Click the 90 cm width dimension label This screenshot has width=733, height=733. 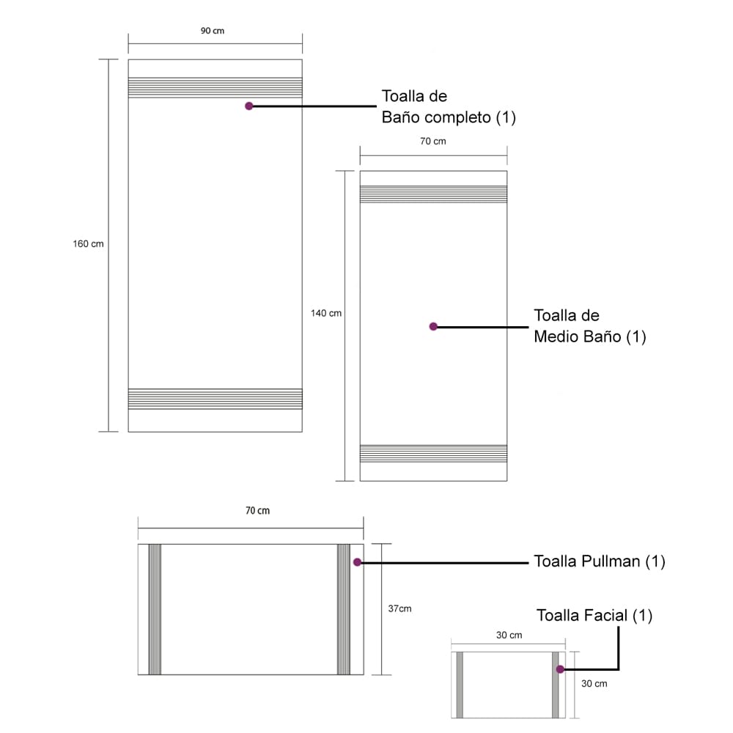[x=213, y=31]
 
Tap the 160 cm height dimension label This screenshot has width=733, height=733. [x=88, y=243]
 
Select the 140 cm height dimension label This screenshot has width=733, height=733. [x=326, y=313]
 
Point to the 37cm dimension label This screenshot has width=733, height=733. [x=399, y=608]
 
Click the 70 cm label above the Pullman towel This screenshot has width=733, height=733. [x=257, y=510]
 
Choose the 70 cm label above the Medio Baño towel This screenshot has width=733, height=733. [x=433, y=141]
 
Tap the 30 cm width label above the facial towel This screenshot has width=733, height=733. [x=509, y=636]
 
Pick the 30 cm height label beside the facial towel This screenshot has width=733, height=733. [x=594, y=683]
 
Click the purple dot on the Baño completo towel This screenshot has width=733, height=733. [x=249, y=106]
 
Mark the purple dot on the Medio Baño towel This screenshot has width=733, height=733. [x=433, y=326]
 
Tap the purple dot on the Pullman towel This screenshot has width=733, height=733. [x=357, y=562]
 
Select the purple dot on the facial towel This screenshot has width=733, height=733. [x=560, y=669]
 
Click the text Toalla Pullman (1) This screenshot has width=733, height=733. [x=600, y=561]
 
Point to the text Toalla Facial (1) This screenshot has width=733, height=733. [x=594, y=616]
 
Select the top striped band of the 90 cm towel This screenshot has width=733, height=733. [x=215, y=87]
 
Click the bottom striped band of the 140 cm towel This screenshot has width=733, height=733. [x=433, y=454]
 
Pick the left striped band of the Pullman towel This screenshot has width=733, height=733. [x=155, y=609]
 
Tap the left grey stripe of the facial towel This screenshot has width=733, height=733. [x=460, y=685]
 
